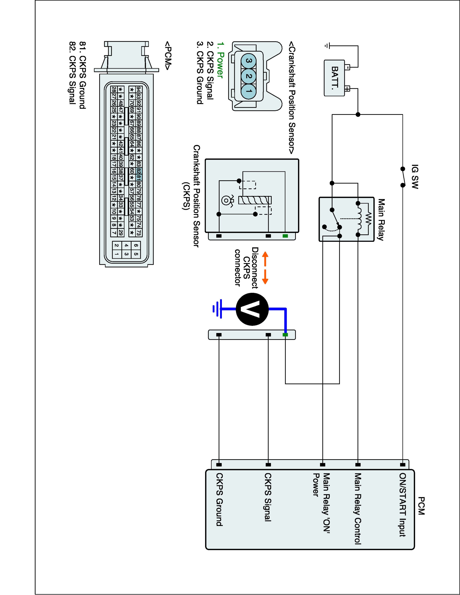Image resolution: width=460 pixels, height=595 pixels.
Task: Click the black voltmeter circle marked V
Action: click(252, 309)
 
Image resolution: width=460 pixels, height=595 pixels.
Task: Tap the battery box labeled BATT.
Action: click(334, 78)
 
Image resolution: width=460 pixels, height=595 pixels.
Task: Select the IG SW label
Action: click(415, 177)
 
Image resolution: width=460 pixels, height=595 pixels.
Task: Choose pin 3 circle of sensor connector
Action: click(248, 61)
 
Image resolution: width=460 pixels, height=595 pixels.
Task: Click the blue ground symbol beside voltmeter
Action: click(217, 309)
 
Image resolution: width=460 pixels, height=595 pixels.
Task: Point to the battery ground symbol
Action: click(327, 46)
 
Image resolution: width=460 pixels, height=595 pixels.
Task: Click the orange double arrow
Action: click(265, 268)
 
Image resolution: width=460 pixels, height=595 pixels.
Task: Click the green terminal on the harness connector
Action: click(285, 335)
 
